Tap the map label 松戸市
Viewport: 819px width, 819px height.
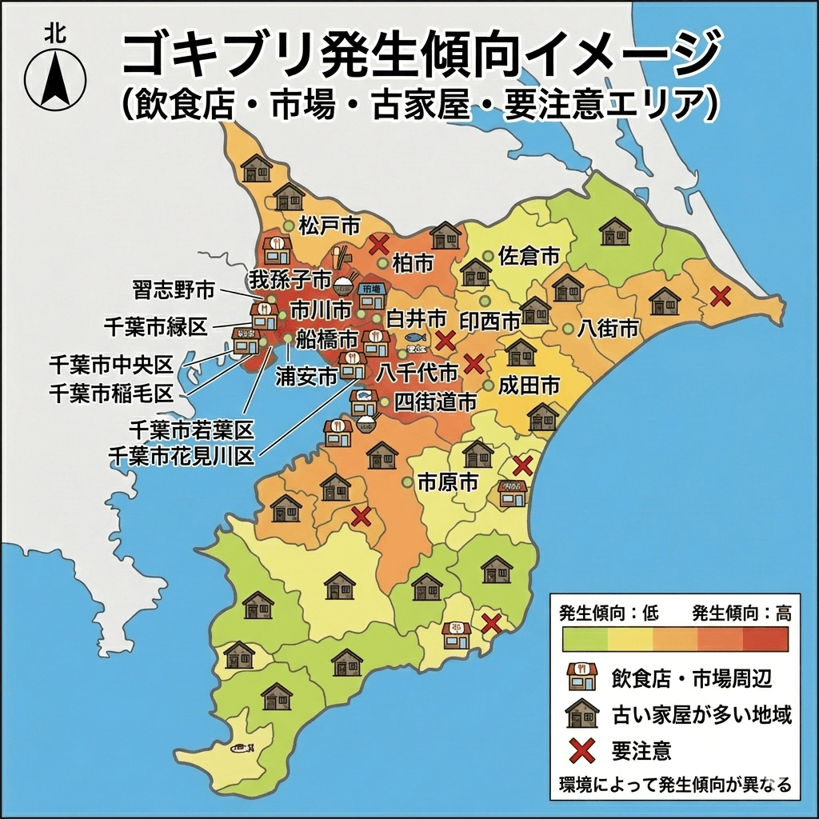(x=329, y=225)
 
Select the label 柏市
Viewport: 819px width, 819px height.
(x=413, y=262)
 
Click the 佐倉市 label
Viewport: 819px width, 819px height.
(x=529, y=256)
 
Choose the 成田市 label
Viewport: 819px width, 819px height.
(x=529, y=385)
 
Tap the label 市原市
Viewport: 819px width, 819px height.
(x=448, y=482)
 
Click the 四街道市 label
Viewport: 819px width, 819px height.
(x=436, y=401)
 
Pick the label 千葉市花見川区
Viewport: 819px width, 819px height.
(x=181, y=456)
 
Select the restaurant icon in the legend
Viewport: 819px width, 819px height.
(x=581, y=678)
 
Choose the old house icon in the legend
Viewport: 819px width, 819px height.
(x=581, y=713)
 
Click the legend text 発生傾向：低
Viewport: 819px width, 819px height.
(x=609, y=613)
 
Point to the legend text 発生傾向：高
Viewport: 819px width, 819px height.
(x=741, y=613)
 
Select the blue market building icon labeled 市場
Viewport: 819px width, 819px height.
(x=372, y=294)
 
